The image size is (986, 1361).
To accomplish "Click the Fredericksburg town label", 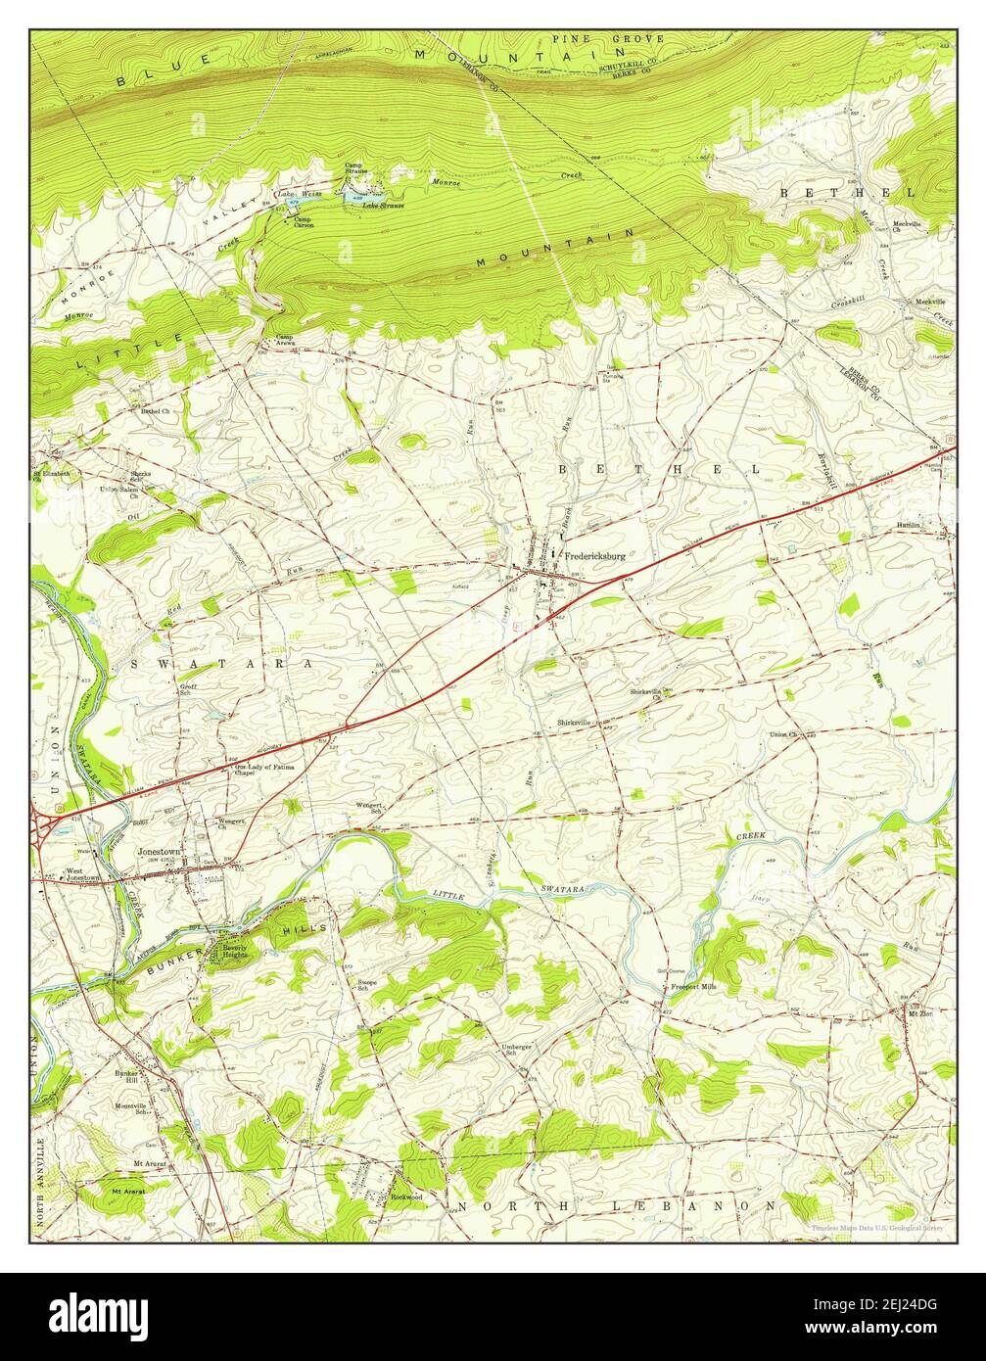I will pos(594,555).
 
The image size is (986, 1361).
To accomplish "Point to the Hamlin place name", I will pos(910,526).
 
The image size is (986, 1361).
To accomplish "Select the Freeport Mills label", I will pos(693,987).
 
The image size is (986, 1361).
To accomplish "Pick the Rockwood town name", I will pos(406,1197).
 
